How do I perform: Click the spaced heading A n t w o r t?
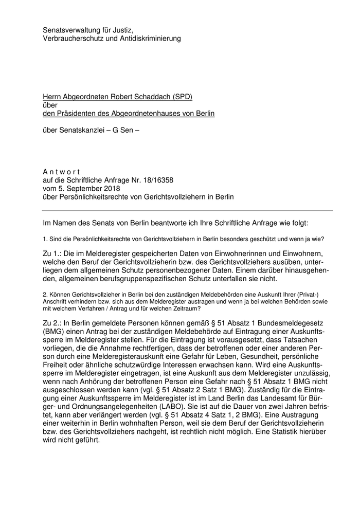tap(61, 171)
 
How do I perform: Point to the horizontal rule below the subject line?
tap(187, 210)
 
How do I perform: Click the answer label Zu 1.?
tap(52, 253)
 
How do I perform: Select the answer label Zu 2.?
tap(52, 322)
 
